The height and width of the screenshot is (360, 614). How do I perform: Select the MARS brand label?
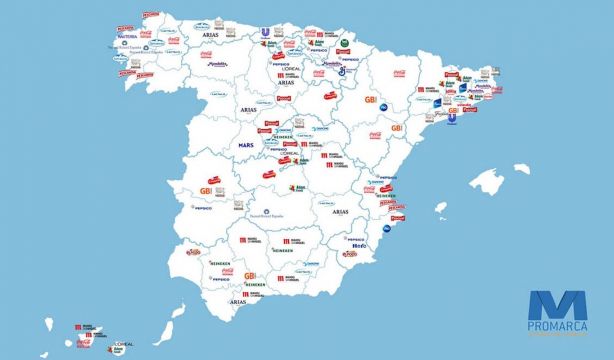(x=246, y=146)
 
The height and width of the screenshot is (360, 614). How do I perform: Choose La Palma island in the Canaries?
(x=49, y=322)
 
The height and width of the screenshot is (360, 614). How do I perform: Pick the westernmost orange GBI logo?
(x=207, y=190)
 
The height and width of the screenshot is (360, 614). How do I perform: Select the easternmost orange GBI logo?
(x=396, y=128)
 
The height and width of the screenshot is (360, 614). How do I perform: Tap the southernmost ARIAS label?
(x=237, y=300)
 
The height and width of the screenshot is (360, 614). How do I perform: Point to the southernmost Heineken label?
(x=257, y=285)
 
